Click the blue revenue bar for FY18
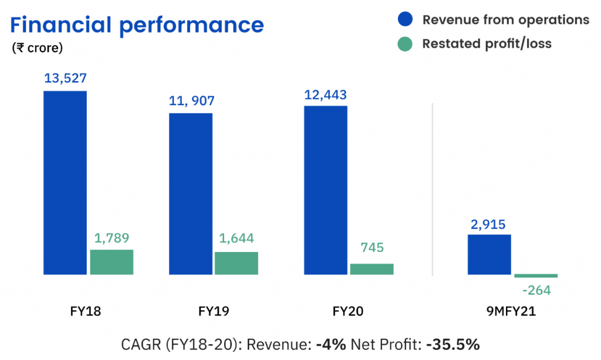tap(65, 183)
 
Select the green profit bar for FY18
tap(112, 262)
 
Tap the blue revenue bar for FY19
tap(191, 194)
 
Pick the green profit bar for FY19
tap(236, 263)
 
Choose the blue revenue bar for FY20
tap(325, 190)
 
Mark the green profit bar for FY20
tap(372, 269)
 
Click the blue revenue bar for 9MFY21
tap(489, 254)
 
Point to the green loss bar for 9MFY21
tap(536, 275)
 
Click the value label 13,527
tap(65, 79)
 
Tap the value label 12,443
tap(325, 95)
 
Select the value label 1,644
tap(236, 240)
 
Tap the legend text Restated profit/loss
tap(487, 43)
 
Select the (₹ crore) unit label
tap(37, 48)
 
